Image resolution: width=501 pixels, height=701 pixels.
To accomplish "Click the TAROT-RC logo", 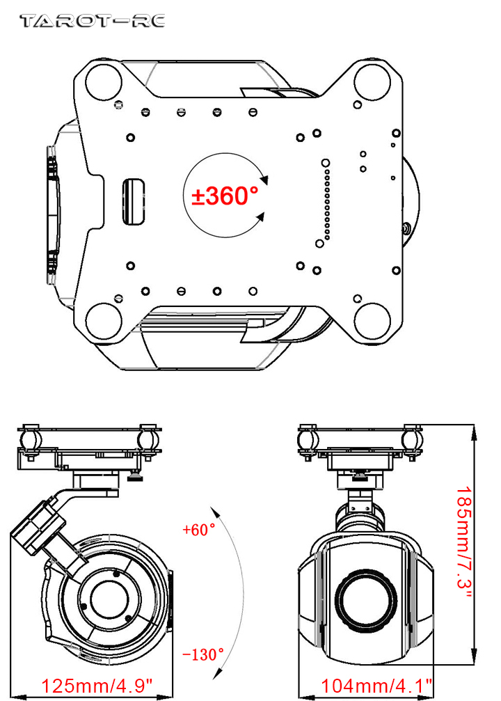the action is coord(93,21).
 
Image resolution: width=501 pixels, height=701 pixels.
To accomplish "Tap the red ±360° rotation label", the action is coord(225,196).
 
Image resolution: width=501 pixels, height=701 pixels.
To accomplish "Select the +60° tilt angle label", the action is coord(199,530).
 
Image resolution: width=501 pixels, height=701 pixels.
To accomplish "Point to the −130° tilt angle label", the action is coord(203,654).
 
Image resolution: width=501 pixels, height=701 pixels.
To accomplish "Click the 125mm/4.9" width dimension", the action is coord(97,686).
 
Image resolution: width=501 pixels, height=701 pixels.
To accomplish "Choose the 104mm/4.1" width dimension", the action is coord(376,686).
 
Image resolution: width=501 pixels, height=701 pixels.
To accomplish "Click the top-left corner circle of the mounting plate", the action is coord(104,82).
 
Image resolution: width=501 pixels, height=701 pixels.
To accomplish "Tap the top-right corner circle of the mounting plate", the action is coord(372,82).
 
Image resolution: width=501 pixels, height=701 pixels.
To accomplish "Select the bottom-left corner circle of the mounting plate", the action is coord(104,321).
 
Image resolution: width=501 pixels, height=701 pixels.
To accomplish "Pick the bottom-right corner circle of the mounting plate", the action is coord(372,321).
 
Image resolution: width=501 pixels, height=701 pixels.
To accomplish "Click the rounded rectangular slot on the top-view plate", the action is coord(134,202).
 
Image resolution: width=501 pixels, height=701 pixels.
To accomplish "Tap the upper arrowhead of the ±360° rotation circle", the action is coord(264,180).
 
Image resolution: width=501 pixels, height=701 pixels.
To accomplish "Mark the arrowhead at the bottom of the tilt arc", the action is coord(218,674).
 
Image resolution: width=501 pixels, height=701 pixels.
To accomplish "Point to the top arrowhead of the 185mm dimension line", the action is coord(474,430).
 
